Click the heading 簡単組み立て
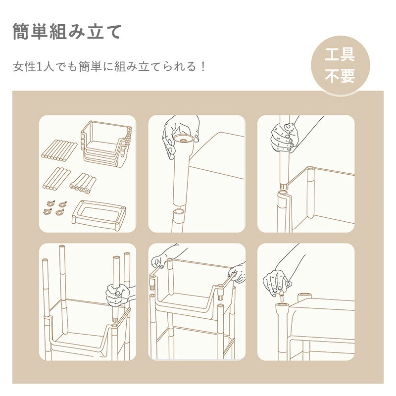pos(67,31)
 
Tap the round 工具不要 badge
pos(340,65)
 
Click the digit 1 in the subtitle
pos(39,67)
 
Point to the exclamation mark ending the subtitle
pos(203,67)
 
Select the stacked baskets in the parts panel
pos(106,144)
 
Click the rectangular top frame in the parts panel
pos(99,215)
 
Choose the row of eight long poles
pos(59,150)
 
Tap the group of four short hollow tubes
pos(83,183)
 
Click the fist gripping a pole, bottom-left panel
pos(117,295)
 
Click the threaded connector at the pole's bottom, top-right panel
pos(284,187)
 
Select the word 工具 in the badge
pos(340,54)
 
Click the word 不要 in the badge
pos(340,76)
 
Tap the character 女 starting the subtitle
pos(18,67)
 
